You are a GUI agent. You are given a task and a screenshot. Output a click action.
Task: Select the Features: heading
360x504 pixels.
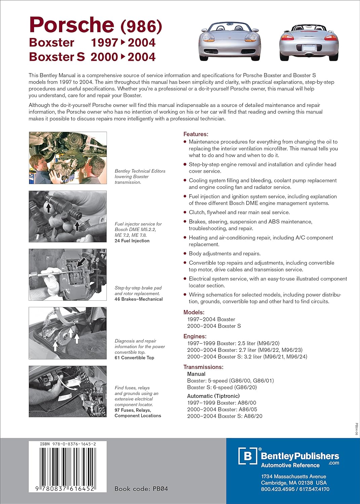click(x=196, y=134)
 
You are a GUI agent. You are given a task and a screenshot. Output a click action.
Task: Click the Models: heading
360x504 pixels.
click(x=194, y=312)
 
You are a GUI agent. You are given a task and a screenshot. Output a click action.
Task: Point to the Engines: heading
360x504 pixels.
click(x=195, y=336)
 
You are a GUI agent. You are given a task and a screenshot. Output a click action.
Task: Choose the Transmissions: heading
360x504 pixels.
click(x=203, y=367)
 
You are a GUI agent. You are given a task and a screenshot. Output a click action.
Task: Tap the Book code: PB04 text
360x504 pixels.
click(x=141, y=489)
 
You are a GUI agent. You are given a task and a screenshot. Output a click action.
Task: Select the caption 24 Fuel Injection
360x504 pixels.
click(x=132, y=241)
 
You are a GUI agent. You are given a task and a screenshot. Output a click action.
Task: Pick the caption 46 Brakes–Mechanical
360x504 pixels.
click(x=138, y=299)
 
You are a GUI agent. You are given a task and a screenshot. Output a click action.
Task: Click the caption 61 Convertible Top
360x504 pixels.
click(x=134, y=358)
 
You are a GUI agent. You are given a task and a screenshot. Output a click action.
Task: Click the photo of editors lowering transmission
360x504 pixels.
click(x=68, y=158)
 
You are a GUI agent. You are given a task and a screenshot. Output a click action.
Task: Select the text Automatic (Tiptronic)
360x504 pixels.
click(x=213, y=396)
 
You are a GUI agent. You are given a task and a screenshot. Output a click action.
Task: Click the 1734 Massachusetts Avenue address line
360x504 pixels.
click(x=293, y=476)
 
